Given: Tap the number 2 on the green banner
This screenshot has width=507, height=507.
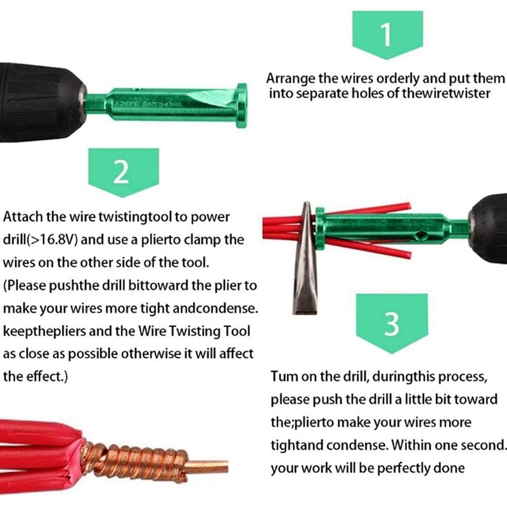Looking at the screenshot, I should tap(122, 172).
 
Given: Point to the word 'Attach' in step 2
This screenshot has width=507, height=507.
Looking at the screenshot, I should tap(22, 217).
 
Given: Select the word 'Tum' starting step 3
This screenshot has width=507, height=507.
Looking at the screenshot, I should tap(283, 376).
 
